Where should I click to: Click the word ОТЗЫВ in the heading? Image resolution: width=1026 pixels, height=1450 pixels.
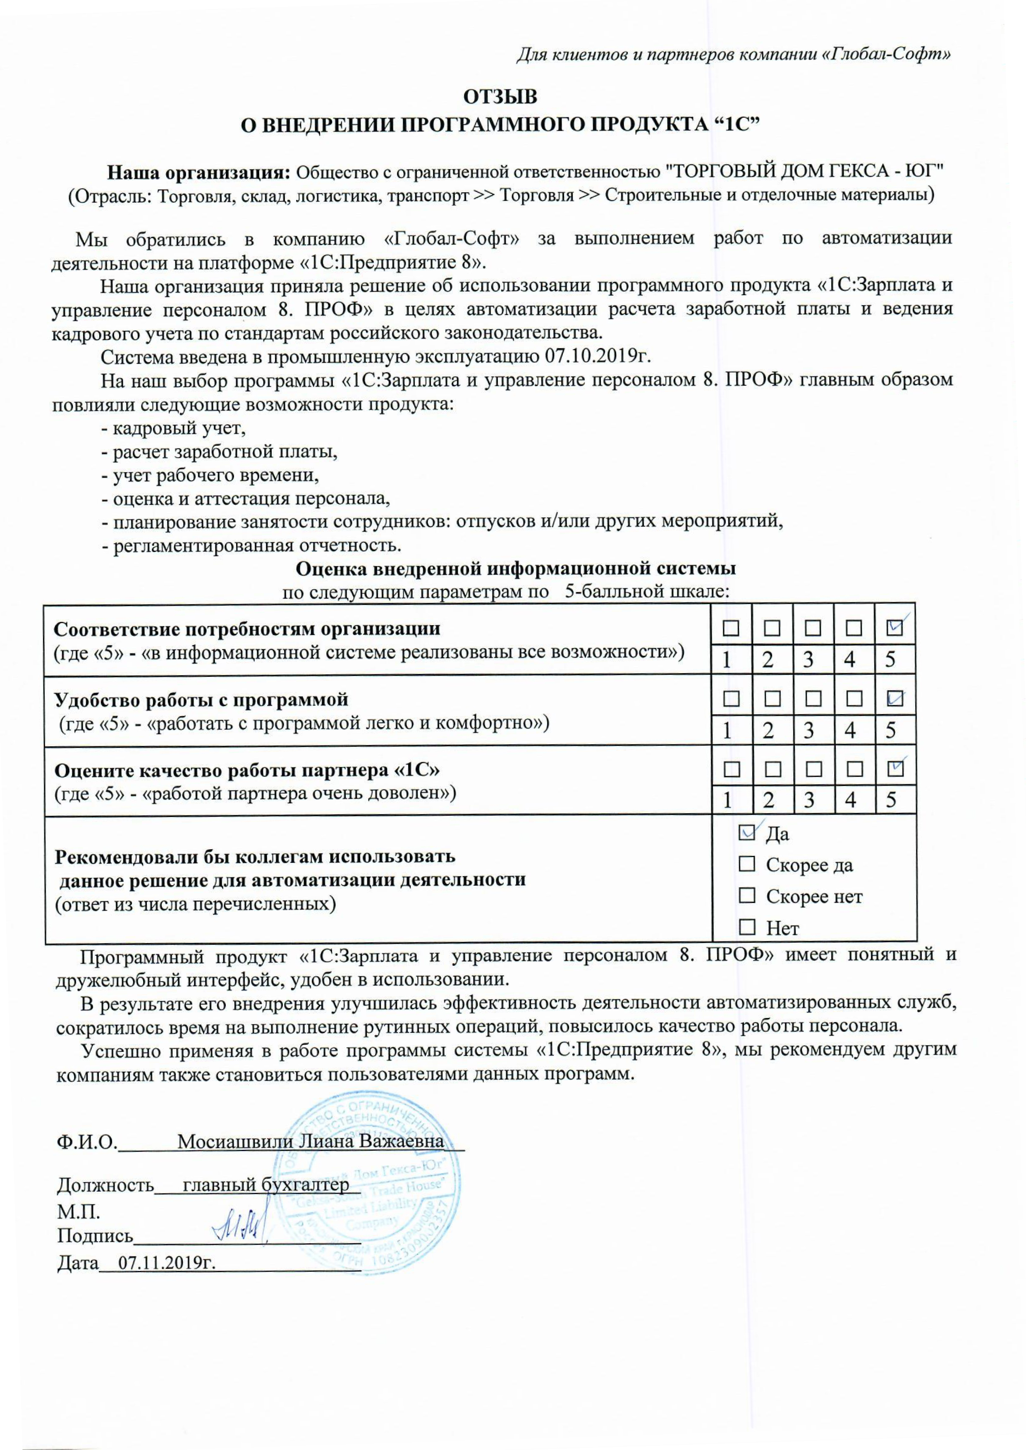500,97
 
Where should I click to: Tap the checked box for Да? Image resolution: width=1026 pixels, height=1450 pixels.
746,833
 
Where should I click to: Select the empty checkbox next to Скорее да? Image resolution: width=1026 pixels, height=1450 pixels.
746,863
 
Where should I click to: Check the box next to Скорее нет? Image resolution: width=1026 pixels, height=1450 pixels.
746,895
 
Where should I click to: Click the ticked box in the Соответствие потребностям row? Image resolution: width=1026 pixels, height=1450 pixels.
894,628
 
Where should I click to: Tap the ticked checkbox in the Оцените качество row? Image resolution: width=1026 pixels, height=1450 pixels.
894,769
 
